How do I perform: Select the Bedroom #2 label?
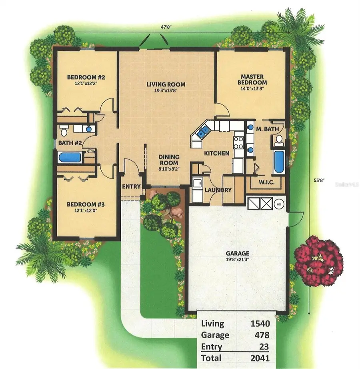click(86, 77)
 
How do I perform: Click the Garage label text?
click(238, 253)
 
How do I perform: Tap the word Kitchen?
click(217, 153)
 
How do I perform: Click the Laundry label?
click(218, 190)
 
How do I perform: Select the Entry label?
click(132, 187)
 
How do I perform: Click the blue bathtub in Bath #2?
click(70, 157)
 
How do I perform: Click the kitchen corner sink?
click(202, 130)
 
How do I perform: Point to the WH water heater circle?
click(279, 203)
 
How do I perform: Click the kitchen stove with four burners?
click(238, 142)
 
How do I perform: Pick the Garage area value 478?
click(261, 335)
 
